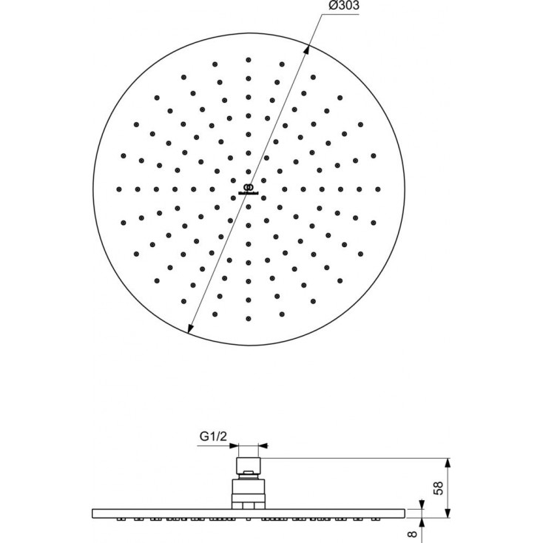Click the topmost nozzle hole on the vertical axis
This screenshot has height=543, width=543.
click(x=249, y=60)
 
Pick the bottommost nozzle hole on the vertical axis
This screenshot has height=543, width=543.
click(x=249, y=319)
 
